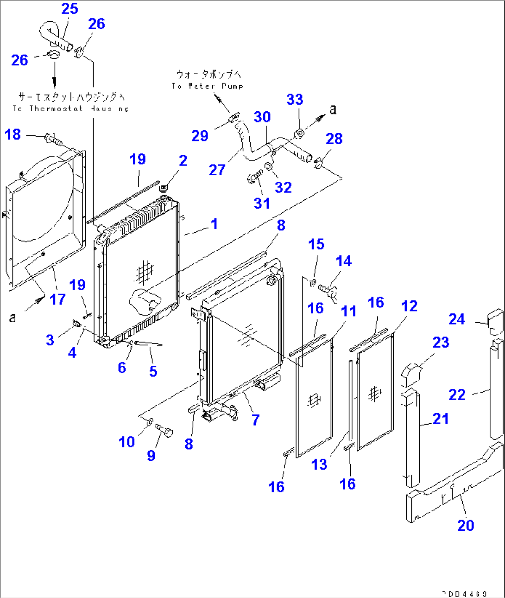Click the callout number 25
point(69,9)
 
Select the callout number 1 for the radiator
point(214,224)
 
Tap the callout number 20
point(466,525)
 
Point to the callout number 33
point(295,99)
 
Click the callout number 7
point(255,420)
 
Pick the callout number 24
point(456,319)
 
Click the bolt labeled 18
point(52,138)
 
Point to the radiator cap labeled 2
point(164,189)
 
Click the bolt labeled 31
point(255,178)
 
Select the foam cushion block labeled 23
point(412,375)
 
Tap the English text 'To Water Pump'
point(207,86)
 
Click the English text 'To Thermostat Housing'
point(70,109)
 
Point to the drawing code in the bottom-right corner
point(464,594)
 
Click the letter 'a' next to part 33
point(333,109)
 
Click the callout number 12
point(409,306)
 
